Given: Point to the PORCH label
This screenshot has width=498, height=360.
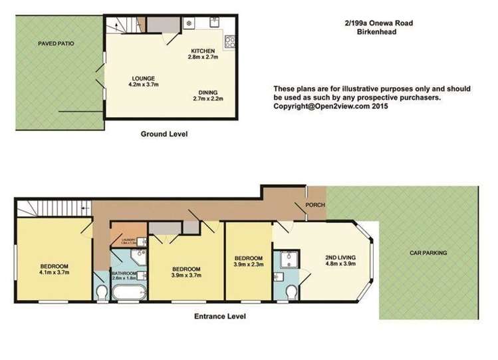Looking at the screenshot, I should click(315, 205).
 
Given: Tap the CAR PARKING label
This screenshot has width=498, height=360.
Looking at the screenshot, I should click(428, 253).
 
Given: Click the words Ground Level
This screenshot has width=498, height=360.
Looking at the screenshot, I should click(164, 134).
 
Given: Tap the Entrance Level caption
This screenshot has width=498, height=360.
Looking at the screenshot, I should click(219, 317).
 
